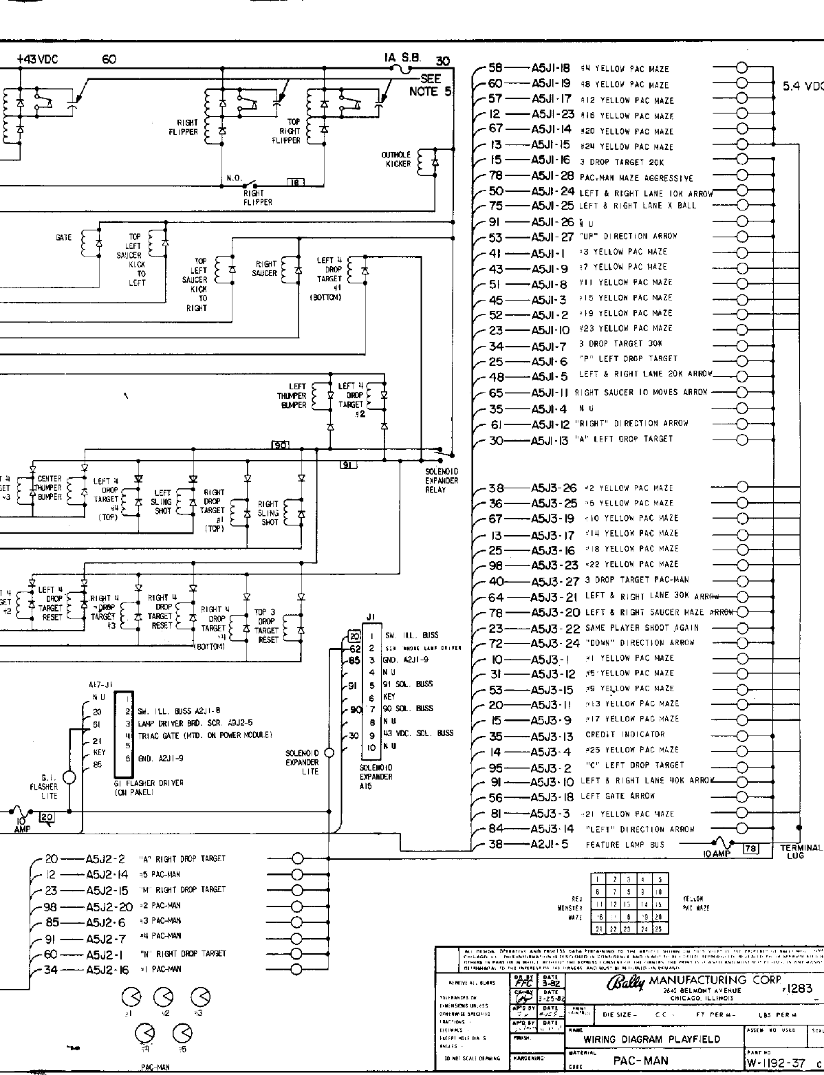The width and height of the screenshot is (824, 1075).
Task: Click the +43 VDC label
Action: [x=37, y=60]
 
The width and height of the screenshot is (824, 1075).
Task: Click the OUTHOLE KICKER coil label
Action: [x=397, y=159]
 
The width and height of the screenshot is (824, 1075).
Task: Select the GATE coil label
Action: [x=63, y=238]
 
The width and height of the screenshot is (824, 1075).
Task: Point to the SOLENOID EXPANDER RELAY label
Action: [x=441, y=480]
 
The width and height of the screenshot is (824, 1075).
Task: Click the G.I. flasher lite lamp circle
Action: [x=69, y=777]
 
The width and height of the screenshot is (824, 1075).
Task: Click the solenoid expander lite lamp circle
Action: [x=329, y=752]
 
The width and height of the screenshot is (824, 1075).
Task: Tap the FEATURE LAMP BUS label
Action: [x=625, y=845]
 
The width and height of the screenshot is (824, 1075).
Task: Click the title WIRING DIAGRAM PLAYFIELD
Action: [x=651, y=1039]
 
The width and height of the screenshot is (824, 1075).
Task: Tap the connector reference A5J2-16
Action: [x=107, y=969]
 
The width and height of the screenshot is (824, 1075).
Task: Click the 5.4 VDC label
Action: [x=803, y=87]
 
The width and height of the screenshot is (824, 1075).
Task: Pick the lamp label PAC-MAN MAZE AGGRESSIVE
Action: [x=636, y=178]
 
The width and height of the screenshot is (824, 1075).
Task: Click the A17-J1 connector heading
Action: [x=100, y=685]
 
